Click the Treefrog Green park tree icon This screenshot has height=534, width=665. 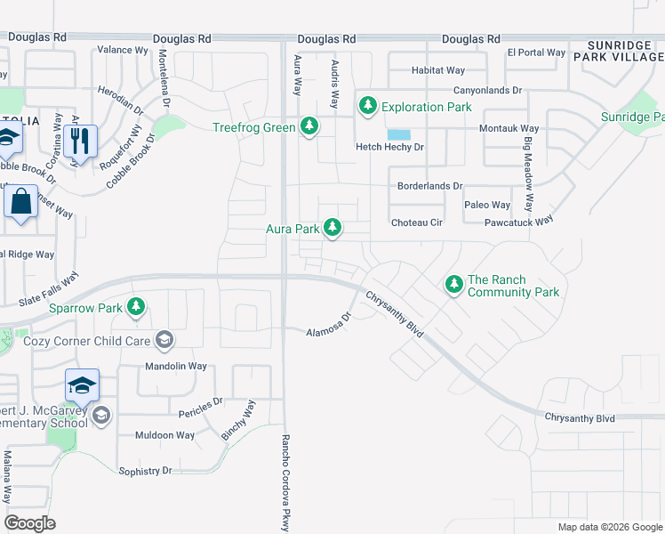click(x=309, y=127)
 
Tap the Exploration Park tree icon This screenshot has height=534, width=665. click(x=368, y=107)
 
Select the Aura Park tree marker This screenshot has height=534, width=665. click(x=332, y=229)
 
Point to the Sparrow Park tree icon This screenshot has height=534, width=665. click(x=135, y=308)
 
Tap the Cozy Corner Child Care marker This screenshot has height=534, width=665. click(x=164, y=339)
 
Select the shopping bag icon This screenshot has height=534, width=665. click(x=21, y=204)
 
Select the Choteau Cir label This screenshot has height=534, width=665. click(x=417, y=222)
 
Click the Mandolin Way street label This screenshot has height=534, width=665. click(x=176, y=366)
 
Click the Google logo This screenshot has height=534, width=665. click(x=30, y=523)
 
